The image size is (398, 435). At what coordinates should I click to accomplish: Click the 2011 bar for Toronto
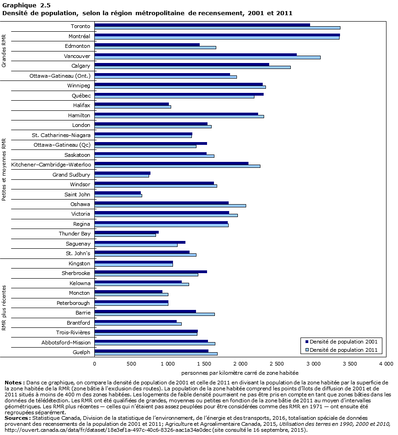pos(217,28)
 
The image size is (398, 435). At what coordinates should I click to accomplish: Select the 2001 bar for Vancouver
pos(196,54)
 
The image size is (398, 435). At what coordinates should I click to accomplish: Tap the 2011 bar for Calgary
pos(192,67)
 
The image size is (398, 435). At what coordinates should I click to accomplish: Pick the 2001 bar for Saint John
pos(118,193)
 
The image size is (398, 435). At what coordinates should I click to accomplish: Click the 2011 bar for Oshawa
pos(170,206)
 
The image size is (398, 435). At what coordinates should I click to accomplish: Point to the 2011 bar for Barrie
pos(155,314)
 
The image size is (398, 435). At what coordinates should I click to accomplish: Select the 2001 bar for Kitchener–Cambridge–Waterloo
pos(172,163)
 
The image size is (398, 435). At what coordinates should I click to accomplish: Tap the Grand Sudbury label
pos(71,175)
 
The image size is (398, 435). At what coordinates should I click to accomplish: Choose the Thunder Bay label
pos(74,234)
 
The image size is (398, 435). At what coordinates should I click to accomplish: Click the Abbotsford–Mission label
pos(67,342)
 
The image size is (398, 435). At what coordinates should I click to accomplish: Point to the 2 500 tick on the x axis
pos(277,364)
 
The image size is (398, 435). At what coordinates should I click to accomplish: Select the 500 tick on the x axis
pos(131,364)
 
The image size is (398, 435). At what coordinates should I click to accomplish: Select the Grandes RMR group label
pos(4,51)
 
